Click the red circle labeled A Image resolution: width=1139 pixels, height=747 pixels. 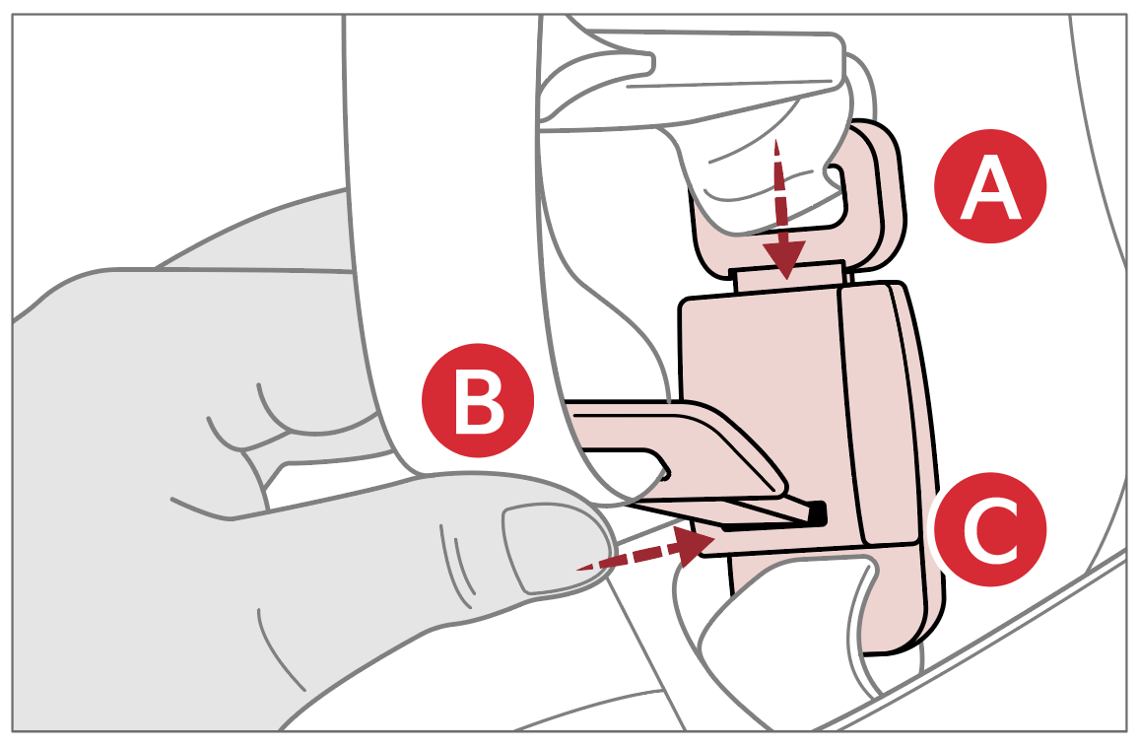[990, 186]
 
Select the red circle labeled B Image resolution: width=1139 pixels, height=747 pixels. [478, 400]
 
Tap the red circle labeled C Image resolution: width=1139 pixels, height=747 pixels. [990, 529]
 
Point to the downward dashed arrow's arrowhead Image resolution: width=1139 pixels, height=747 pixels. [783, 259]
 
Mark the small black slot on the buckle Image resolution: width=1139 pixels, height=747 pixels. [818, 513]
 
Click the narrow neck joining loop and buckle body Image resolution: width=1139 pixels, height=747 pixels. [789, 275]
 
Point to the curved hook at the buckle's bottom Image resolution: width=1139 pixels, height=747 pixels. [901, 603]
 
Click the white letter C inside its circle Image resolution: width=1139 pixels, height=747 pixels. [991, 529]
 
